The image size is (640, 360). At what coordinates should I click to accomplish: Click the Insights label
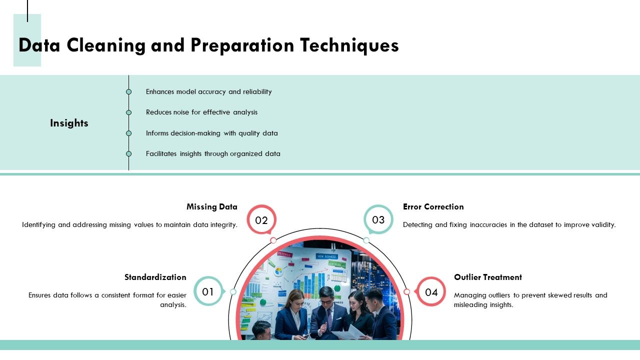69,123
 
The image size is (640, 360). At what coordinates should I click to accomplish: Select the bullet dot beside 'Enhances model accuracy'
128,92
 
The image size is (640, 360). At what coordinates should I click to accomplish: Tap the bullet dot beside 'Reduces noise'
128,112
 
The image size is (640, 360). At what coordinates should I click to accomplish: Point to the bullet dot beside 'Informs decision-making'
128,133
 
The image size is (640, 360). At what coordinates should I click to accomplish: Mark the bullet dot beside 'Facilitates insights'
128,154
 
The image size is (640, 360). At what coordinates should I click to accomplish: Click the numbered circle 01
208,291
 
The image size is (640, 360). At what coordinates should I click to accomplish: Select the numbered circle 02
261,220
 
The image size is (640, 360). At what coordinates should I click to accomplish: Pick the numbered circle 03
378,220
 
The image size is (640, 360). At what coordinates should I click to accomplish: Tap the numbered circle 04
431,291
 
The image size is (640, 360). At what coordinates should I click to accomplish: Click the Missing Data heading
212,206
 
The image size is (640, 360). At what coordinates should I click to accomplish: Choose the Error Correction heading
433,206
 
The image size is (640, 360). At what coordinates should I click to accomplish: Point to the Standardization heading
155,277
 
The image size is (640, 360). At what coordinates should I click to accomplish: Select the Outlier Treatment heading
488,277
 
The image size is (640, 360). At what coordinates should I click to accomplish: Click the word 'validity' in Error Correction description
603,225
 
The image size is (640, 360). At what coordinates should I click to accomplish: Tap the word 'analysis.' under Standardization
173,304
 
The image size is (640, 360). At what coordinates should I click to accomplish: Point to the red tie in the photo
329,318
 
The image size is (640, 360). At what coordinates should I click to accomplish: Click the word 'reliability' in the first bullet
257,92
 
